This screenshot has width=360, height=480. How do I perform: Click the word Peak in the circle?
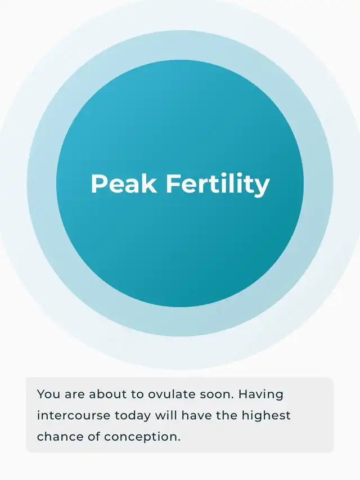[x=124, y=183]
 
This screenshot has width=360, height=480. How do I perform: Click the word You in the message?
[x=48, y=394]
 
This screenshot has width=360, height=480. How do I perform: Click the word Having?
[x=261, y=394]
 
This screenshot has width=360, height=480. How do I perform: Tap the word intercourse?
[x=74, y=415]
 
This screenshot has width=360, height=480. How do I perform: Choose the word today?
[x=133, y=416]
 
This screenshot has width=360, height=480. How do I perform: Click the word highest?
[x=266, y=416]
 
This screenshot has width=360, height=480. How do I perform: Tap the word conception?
[x=142, y=437]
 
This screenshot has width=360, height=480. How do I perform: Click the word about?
[x=107, y=394]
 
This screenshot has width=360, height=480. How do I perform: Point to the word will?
[x=166, y=415]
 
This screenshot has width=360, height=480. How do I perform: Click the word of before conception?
[x=94, y=437]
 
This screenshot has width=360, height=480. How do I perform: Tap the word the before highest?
[x=227, y=415]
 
